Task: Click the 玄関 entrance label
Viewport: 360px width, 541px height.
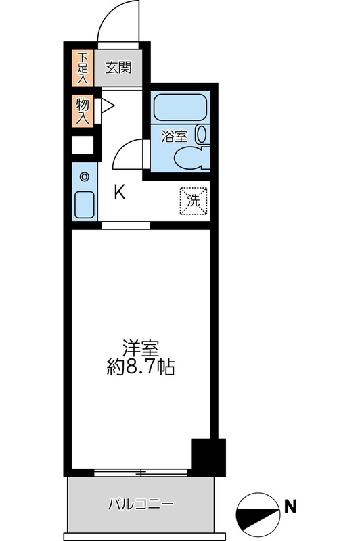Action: pyautogui.click(x=118, y=68)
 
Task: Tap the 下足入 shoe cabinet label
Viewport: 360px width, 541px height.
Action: pyautogui.click(x=83, y=67)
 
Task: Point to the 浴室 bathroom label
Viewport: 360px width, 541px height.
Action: pyautogui.click(x=173, y=136)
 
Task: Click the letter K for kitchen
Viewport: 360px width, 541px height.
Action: pyautogui.click(x=119, y=193)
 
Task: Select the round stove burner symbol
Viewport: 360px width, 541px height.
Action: pyautogui.click(x=85, y=177)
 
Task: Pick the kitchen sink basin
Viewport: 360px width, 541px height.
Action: pyautogui.click(x=85, y=204)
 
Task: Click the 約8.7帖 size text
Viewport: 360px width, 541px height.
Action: pyautogui.click(x=141, y=369)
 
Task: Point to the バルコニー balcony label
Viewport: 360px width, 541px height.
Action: pyautogui.click(x=141, y=504)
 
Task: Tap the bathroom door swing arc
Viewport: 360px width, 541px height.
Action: pyautogui.click(x=125, y=154)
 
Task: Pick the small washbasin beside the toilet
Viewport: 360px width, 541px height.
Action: pyautogui.click(x=201, y=135)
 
